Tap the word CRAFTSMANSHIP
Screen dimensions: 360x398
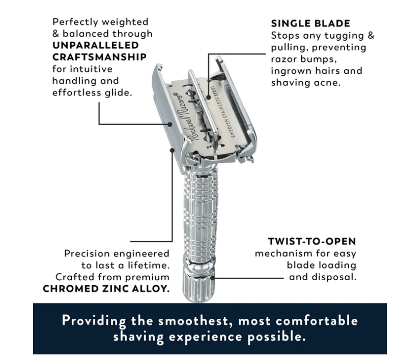pyautogui.click(x=99, y=57)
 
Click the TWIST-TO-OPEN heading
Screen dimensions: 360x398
pyautogui.click(x=312, y=241)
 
